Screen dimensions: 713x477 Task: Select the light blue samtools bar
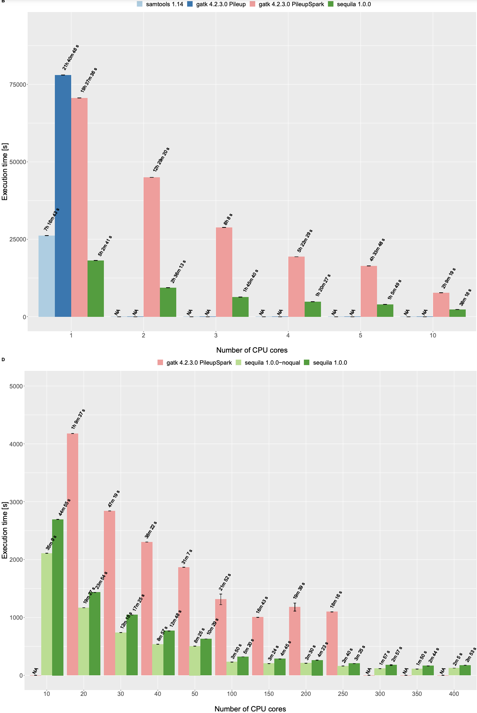(x=47, y=276)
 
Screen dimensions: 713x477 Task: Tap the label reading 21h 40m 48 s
(x=70, y=58)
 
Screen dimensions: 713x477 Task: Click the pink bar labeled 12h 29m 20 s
(x=152, y=247)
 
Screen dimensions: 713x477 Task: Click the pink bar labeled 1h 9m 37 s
(x=73, y=554)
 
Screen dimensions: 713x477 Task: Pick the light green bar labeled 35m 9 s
(x=47, y=614)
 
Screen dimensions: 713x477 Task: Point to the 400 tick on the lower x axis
(x=454, y=694)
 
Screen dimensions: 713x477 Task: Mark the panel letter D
(x=3, y=359)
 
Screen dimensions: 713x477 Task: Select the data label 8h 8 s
(x=228, y=219)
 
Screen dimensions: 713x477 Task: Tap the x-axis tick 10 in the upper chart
(x=433, y=335)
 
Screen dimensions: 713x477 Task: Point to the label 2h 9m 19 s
(x=449, y=278)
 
